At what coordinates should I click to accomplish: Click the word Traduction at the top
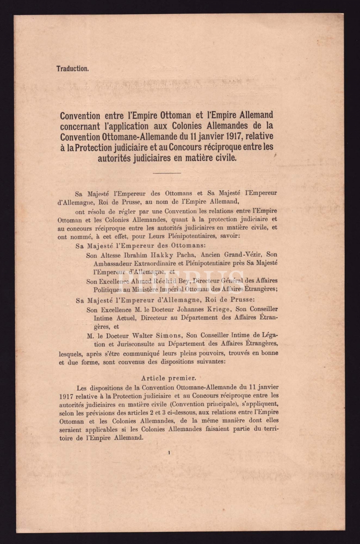click(73, 69)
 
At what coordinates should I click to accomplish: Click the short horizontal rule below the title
click(167, 173)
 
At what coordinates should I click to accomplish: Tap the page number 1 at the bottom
click(169, 453)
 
